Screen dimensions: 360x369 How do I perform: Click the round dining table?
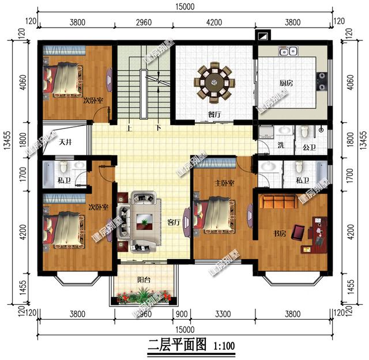[214, 82]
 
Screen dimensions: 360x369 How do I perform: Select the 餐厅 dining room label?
[214, 114]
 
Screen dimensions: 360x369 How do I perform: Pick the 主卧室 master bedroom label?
[224, 183]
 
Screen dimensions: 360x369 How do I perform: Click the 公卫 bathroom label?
[309, 147]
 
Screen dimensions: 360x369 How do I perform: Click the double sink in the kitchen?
[288, 52]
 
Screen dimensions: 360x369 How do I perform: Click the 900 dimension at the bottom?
[182, 314]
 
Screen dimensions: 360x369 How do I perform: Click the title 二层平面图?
[177, 346]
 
